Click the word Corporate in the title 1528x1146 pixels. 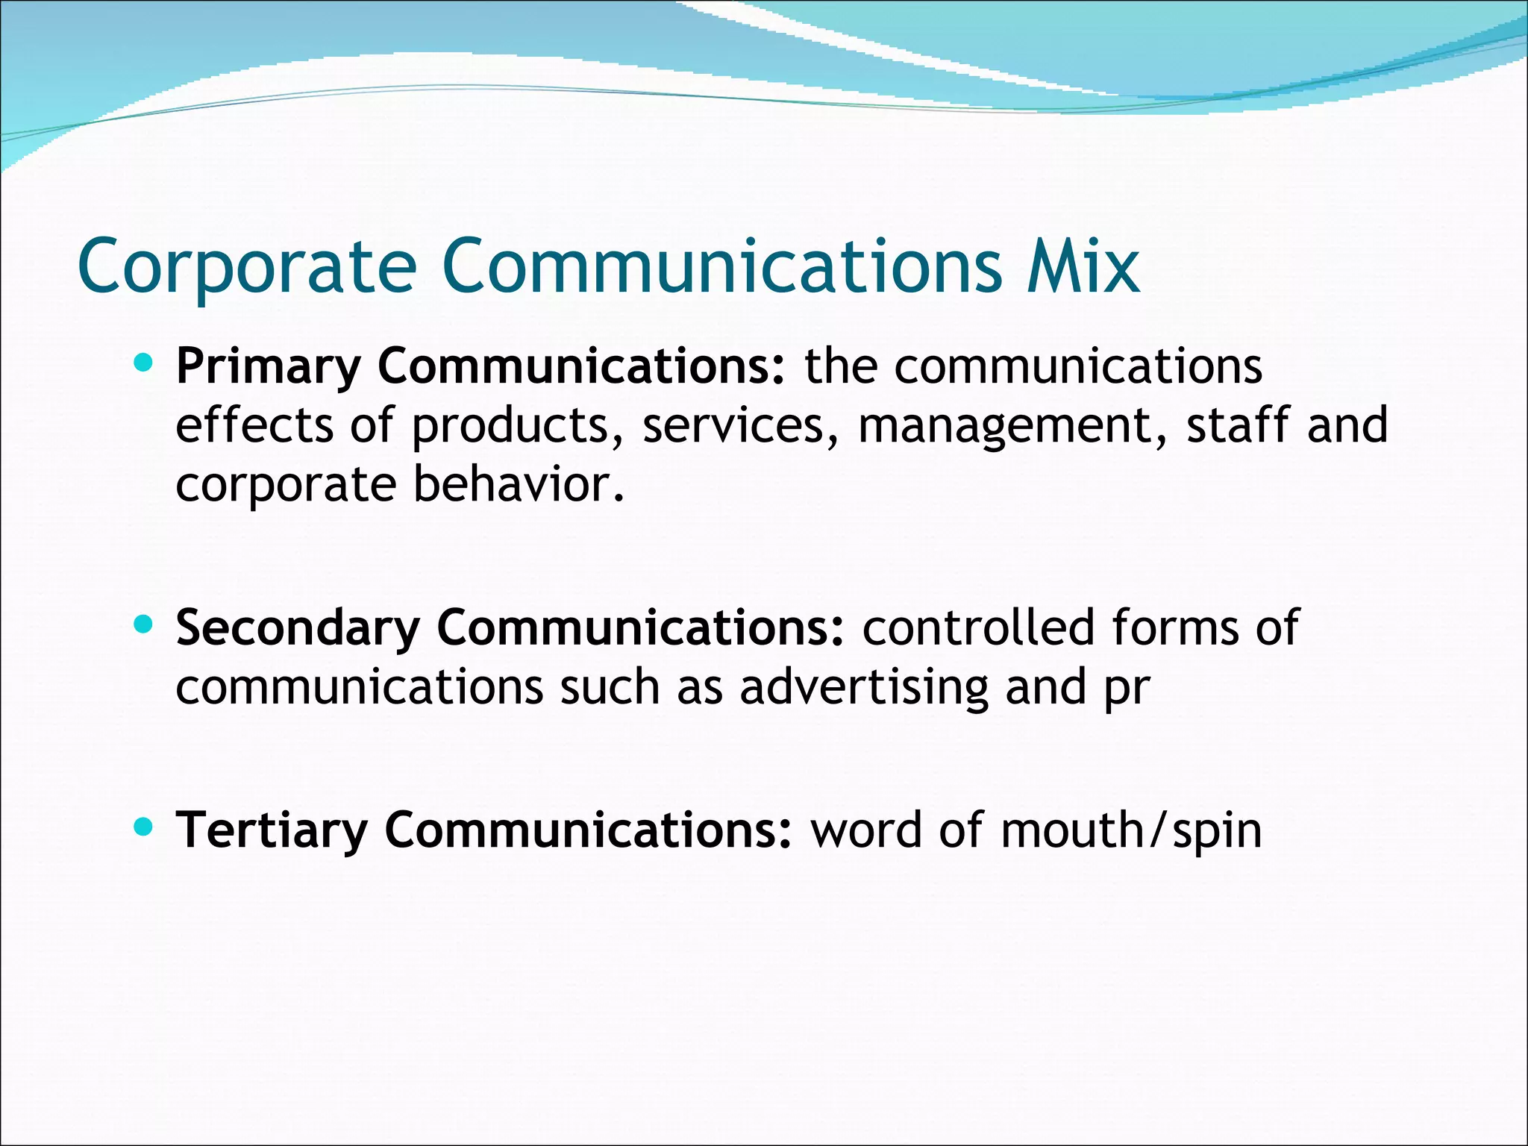tap(247, 267)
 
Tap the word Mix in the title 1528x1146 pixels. tap(1083, 266)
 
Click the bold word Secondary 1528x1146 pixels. tap(298, 628)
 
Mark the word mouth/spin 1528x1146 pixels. tap(1131, 830)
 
